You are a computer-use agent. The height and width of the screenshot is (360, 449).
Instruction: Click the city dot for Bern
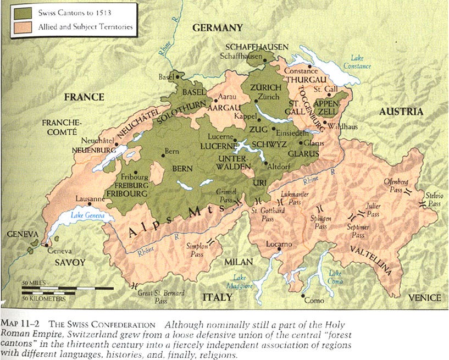coord(163,155)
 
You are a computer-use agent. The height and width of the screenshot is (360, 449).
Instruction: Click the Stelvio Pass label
coord(434,199)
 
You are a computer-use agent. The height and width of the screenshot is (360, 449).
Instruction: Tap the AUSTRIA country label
coord(401,112)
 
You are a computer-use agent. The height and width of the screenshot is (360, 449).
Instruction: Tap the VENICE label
coord(424,297)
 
